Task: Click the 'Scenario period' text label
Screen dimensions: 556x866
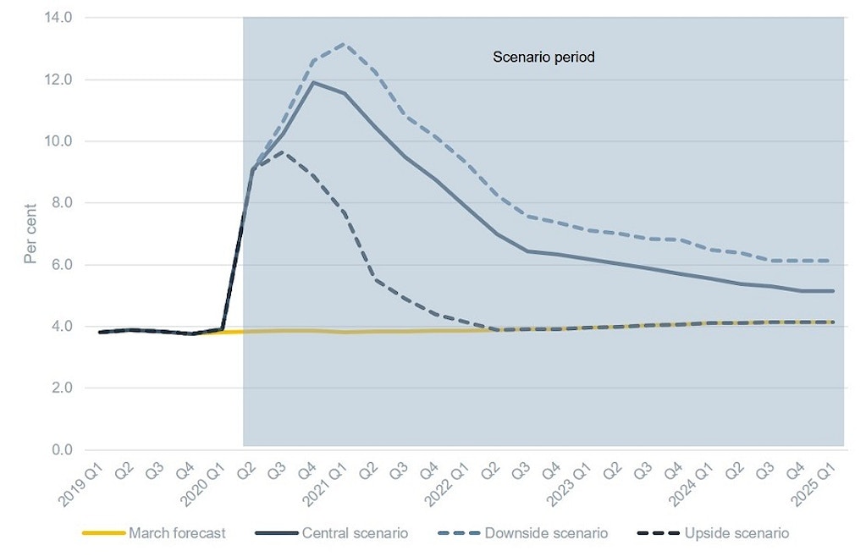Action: coord(544,58)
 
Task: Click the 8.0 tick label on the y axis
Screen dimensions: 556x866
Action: coord(61,203)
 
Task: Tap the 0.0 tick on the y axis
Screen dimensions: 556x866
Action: coord(61,449)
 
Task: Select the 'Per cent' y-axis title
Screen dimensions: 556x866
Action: coord(30,234)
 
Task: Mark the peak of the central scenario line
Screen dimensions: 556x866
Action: coord(313,82)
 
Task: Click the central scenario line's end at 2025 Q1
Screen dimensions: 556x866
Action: coord(833,291)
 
